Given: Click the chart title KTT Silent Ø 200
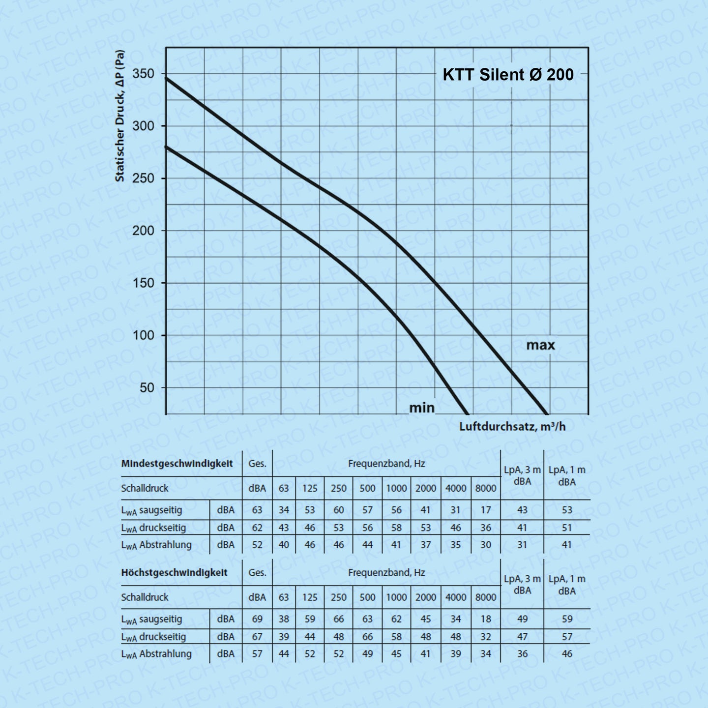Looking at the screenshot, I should [x=508, y=75].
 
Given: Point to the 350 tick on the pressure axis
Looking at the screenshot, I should [x=143, y=74].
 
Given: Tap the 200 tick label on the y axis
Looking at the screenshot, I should [x=143, y=231].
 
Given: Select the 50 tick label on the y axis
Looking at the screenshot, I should [x=147, y=387].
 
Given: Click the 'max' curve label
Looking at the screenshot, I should [x=540, y=345].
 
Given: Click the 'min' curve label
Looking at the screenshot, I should [x=422, y=408].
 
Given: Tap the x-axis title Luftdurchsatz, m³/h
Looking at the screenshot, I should [x=512, y=426].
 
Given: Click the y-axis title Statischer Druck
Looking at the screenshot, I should [x=120, y=116].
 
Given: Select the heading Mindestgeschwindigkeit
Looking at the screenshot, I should [x=177, y=463].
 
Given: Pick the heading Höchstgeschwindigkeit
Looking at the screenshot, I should [x=174, y=572].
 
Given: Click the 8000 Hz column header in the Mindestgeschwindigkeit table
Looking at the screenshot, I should [x=485, y=488].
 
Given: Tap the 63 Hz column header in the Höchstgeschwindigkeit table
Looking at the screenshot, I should [x=284, y=597].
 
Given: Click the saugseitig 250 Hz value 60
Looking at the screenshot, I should [x=338, y=510].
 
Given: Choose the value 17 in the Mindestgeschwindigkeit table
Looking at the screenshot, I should [x=485, y=510].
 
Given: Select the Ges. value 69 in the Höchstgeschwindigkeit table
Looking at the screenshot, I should [x=257, y=619].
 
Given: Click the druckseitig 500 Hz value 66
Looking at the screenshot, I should [x=367, y=637].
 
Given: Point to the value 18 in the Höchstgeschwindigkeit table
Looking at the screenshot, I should [x=485, y=619].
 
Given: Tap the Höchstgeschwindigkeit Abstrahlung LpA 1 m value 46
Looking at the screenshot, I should [x=567, y=654].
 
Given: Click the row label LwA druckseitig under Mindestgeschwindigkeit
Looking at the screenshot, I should [x=154, y=528].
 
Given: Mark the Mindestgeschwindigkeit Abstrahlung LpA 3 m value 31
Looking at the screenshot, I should [x=522, y=545].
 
